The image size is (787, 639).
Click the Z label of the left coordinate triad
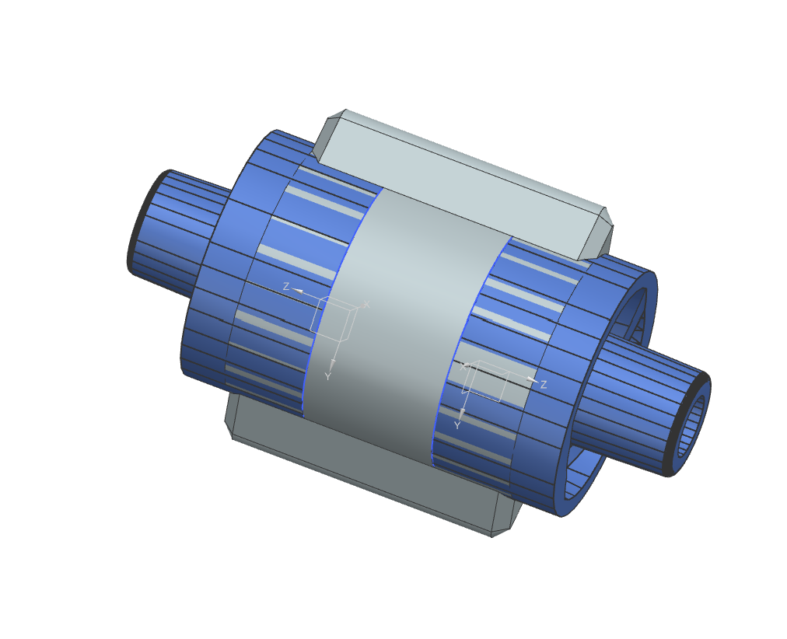click(x=286, y=287)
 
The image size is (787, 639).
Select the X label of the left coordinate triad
click(x=367, y=304)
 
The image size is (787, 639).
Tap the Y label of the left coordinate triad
click(x=328, y=376)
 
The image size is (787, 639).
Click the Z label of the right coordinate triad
click(x=544, y=385)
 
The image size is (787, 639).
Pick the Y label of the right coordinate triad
click(x=457, y=426)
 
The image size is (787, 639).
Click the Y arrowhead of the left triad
click(x=332, y=363)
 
